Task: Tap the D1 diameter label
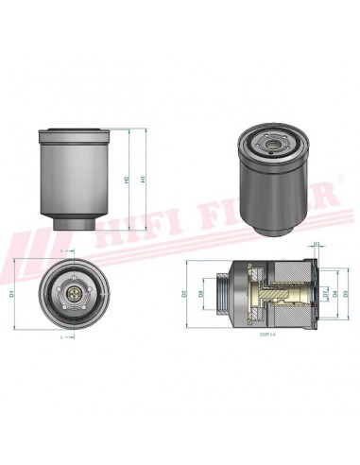12,294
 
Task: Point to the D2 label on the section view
186,294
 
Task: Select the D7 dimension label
326,294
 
